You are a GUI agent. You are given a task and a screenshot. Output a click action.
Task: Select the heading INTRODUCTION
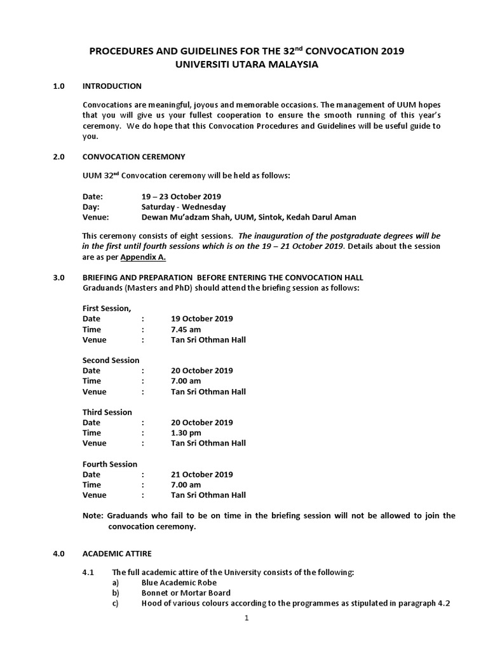(112, 86)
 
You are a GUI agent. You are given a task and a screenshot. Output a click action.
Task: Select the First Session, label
(107, 308)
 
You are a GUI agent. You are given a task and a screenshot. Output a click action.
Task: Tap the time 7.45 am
(186, 329)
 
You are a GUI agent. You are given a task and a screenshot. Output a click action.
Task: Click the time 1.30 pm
(186, 433)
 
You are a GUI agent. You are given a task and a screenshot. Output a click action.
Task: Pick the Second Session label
(111, 361)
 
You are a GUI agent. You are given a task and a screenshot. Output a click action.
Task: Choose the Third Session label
(107, 412)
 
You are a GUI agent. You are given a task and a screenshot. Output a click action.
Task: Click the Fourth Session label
(110, 464)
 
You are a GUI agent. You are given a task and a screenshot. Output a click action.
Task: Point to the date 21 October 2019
(201, 474)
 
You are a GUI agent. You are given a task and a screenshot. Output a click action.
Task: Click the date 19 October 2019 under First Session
(201, 319)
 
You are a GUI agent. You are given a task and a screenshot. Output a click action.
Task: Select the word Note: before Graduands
(93, 515)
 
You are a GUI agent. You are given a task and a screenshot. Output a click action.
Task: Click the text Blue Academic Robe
(179, 583)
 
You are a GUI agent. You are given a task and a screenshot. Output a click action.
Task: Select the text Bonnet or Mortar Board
(186, 593)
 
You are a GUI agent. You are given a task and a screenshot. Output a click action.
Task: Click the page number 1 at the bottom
(246, 620)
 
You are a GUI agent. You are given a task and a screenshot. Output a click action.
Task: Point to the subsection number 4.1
(88, 573)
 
